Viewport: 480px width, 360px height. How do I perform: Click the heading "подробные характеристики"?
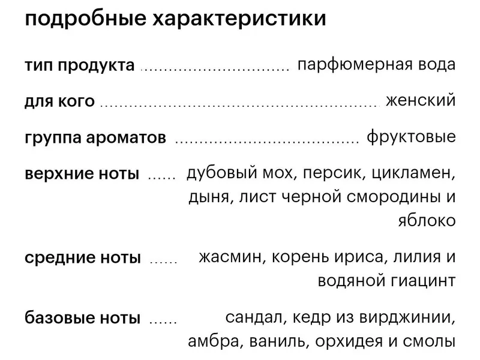coord(175,19)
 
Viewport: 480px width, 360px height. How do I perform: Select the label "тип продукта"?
coord(80,65)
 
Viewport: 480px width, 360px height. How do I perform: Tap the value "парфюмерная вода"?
coord(377,65)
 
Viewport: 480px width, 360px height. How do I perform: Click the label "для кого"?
coord(59,101)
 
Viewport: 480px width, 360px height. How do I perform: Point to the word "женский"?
coord(421,100)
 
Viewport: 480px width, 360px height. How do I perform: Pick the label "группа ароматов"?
coord(95,137)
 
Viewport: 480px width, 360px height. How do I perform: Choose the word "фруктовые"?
coord(411,137)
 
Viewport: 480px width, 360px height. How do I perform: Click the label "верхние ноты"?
coord(82,173)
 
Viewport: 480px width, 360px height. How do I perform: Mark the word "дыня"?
coord(209,197)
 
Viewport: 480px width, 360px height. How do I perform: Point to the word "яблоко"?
coord(427,220)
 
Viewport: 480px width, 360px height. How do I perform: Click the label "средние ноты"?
coord(83,258)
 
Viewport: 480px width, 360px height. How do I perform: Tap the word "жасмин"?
coord(232,257)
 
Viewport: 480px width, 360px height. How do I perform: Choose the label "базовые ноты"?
coord(83,318)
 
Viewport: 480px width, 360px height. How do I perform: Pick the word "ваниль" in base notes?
coord(277,341)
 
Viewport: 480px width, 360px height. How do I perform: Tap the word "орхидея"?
coord(349,341)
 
